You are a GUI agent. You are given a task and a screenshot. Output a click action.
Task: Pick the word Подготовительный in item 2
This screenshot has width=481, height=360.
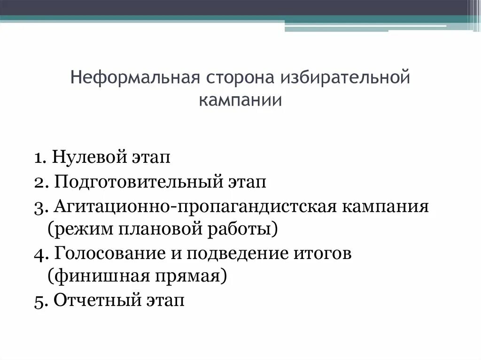(139, 182)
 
